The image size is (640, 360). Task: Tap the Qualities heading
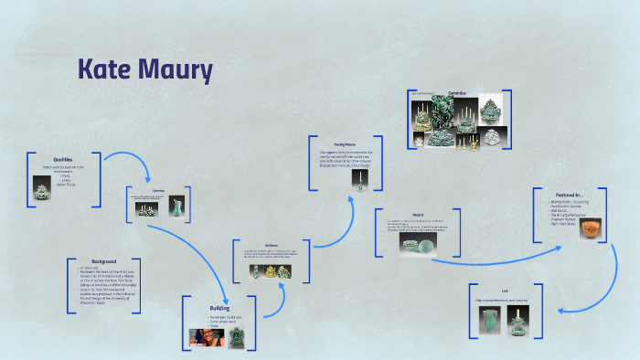pos(62,159)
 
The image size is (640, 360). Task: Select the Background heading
pos(103,261)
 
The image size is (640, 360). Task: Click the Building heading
pos(219,308)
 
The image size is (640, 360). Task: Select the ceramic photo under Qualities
pos(42,190)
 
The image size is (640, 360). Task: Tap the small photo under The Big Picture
pos(358,183)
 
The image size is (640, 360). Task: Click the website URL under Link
pos(505,300)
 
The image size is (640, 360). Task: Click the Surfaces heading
pos(272,244)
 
